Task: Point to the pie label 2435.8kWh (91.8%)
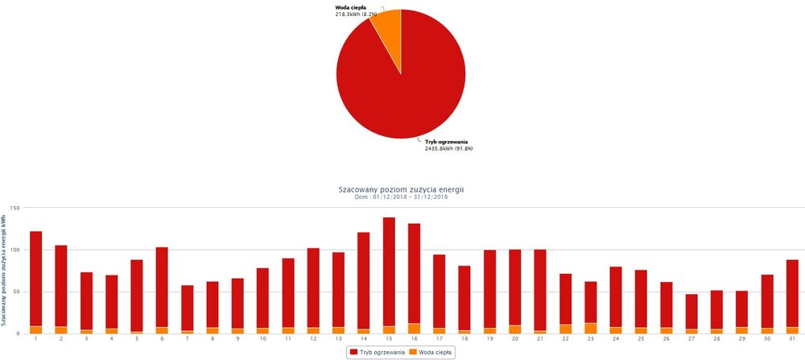448,148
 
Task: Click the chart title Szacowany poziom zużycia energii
403,188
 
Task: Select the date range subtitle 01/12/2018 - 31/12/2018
403,197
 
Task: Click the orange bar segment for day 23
591,328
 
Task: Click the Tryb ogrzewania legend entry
375,352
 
